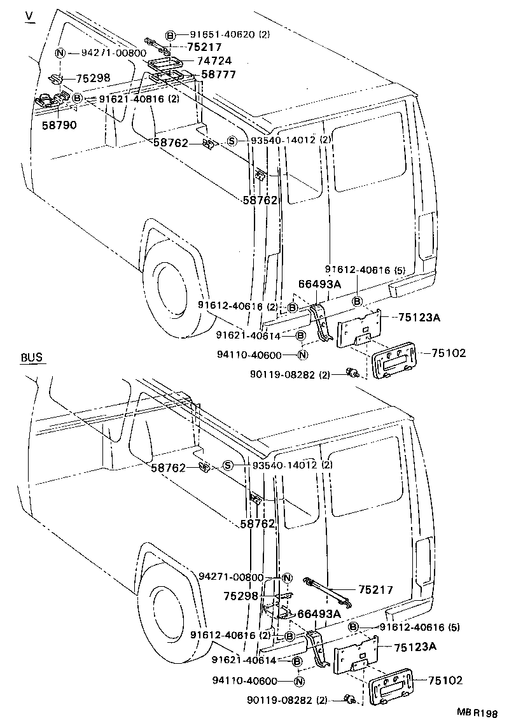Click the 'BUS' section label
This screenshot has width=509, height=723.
[x=32, y=357]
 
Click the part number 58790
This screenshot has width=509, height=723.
[x=59, y=125]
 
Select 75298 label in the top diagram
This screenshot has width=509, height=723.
[x=94, y=78]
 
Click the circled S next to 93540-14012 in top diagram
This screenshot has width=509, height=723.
[x=232, y=141]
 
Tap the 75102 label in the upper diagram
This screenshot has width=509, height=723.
[x=448, y=353]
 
